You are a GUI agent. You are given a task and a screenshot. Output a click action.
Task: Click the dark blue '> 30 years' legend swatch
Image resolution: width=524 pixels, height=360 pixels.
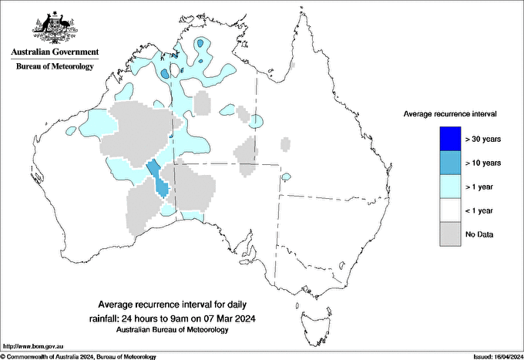[448, 139]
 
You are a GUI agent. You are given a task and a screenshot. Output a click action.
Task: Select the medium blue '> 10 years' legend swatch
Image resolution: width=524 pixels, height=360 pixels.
[448, 163]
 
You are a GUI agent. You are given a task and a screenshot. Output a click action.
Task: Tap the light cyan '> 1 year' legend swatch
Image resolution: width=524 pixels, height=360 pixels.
[448, 187]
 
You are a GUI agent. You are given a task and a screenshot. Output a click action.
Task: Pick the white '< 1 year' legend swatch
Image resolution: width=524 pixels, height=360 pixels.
[448, 210]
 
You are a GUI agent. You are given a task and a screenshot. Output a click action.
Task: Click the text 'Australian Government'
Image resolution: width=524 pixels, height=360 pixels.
[54, 52]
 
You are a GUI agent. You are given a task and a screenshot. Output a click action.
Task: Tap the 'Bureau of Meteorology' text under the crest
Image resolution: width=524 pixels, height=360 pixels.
[54, 66]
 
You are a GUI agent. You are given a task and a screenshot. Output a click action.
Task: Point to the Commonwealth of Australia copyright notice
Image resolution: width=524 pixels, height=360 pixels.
[79, 356]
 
